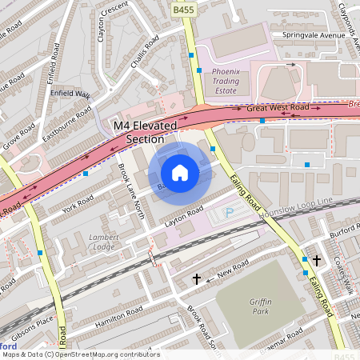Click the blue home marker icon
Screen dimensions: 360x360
pyautogui.click(x=180, y=172)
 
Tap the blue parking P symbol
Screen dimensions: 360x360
pyautogui.click(x=230, y=213)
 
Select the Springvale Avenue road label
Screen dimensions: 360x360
pyautogui.click(x=307, y=36)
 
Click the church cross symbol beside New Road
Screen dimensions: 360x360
pyautogui.click(x=197, y=279)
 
